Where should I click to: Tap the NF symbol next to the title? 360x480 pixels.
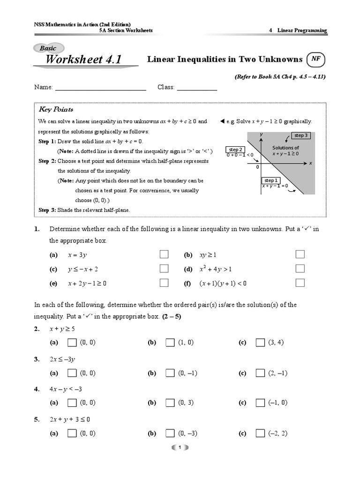click(x=315, y=60)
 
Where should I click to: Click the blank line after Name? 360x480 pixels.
click(x=101, y=88)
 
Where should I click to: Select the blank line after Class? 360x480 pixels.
click(x=197, y=88)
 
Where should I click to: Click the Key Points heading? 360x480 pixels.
click(x=56, y=109)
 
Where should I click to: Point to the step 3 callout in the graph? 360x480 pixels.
click(x=300, y=135)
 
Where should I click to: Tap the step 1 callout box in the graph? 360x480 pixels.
click(x=271, y=180)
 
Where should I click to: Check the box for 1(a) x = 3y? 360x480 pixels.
click(x=164, y=255)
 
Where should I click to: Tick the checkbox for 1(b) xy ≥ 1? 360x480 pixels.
click(x=300, y=255)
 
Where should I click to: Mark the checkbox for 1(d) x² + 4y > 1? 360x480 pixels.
click(x=300, y=269)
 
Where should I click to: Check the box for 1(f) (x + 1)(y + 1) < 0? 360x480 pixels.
click(x=300, y=283)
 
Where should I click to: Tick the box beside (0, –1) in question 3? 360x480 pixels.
click(x=170, y=373)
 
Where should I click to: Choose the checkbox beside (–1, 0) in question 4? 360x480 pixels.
click(x=260, y=403)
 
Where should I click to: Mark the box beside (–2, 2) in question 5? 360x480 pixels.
click(x=260, y=433)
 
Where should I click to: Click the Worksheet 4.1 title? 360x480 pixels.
click(x=83, y=60)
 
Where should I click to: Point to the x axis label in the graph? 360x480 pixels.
click(x=310, y=163)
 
